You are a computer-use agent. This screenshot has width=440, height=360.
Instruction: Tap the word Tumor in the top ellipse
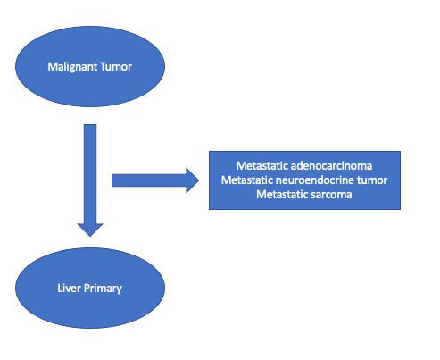[x=116, y=66]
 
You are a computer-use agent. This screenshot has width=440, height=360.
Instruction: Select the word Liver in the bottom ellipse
[x=69, y=288]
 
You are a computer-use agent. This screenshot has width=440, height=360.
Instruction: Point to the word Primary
[x=103, y=289]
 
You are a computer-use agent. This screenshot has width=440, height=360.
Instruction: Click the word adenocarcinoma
[x=331, y=165]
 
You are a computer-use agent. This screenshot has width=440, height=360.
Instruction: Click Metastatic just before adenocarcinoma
[x=262, y=165]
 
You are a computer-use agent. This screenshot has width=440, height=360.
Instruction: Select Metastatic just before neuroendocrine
[x=247, y=180]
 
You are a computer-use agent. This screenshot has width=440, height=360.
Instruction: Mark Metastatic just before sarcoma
[x=282, y=195]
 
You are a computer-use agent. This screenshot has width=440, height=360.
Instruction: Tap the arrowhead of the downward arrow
[x=90, y=230]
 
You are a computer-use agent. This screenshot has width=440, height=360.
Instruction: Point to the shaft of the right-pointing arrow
[x=149, y=180]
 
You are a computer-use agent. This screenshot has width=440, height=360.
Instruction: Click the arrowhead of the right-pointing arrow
[x=193, y=180]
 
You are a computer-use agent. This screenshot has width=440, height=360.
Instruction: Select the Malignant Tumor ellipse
[x=90, y=66]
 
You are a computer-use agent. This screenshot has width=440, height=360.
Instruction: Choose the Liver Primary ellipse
[x=90, y=288]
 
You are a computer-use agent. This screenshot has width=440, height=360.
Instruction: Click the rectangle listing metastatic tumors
[x=304, y=180]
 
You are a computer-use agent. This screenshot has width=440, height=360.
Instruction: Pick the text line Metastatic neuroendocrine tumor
[x=304, y=180]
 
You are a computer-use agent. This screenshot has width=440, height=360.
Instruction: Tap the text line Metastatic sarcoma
[x=304, y=195]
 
